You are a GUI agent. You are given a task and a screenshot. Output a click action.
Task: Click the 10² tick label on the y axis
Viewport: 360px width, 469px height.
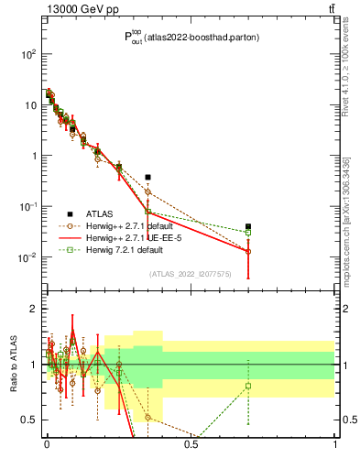tap(28, 54)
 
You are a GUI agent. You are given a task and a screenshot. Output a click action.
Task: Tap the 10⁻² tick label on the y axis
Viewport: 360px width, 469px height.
tap(27, 257)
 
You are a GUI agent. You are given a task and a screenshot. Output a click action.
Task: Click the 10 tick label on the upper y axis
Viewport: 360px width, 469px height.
tap(30, 104)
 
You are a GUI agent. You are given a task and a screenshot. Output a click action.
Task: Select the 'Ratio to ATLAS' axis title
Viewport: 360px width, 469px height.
tap(12, 365)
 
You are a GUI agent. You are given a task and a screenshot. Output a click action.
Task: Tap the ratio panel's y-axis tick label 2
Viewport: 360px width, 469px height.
tap(35, 310)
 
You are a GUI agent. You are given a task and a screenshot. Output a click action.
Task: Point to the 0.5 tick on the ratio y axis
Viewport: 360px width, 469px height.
tap(30, 420)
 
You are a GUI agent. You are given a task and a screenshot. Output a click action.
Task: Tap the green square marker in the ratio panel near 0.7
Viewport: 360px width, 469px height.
tap(248, 386)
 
